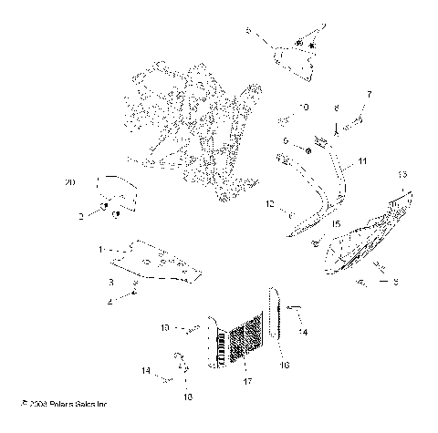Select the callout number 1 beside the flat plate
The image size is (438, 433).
pos(100,248)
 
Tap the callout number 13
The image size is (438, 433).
pos(402,173)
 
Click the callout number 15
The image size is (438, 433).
pos(336,222)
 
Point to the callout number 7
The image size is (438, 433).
pos(370,94)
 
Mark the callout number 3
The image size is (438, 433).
pos(111,282)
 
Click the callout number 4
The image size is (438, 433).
pos(109,302)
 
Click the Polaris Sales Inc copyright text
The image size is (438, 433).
pos(60,402)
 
